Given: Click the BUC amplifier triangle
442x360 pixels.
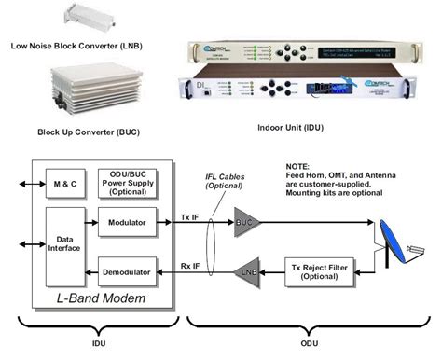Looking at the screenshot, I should pos(245,224).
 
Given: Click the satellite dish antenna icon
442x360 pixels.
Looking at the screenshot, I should pos(398,242).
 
